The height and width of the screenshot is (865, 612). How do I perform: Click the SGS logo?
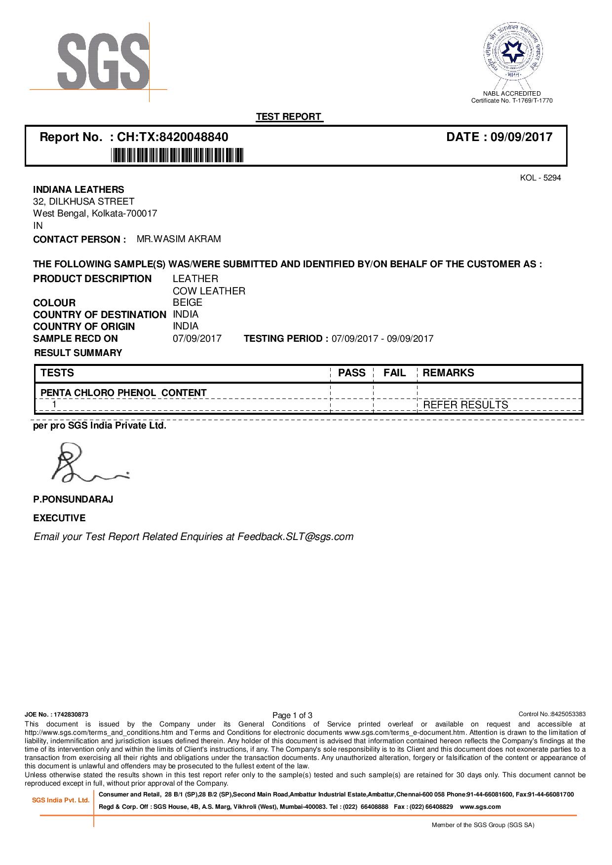click(x=103, y=61)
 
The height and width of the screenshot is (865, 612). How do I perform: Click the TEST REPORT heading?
click(x=289, y=117)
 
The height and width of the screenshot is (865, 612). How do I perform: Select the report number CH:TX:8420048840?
click(x=172, y=137)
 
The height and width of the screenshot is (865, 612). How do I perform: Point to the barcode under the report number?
click(x=177, y=156)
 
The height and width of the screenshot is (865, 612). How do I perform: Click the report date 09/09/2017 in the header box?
click(x=521, y=137)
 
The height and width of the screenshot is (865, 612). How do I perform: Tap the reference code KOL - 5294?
click(x=540, y=178)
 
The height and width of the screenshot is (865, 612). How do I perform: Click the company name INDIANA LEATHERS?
click(x=78, y=189)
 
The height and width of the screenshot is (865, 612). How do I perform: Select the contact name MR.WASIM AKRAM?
click(x=179, y=239)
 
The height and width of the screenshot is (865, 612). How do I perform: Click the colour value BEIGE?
click(x=187, y=302)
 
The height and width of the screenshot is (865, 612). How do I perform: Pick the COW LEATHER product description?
click(x=209, y=291)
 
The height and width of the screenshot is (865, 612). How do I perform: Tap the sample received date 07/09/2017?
click(x=197, y=338)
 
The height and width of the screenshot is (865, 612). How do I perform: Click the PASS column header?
click(x=351, y=373)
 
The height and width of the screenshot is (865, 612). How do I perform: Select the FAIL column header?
click(x=394, y=373)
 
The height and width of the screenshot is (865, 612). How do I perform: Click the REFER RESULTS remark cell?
click(x=465, y=405)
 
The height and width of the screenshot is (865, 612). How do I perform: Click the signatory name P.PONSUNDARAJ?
click(x=73, y=499)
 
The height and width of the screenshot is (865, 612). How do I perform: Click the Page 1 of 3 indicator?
click(x=292, y=715)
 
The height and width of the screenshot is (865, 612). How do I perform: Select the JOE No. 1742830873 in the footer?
click(x=57, y=714)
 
